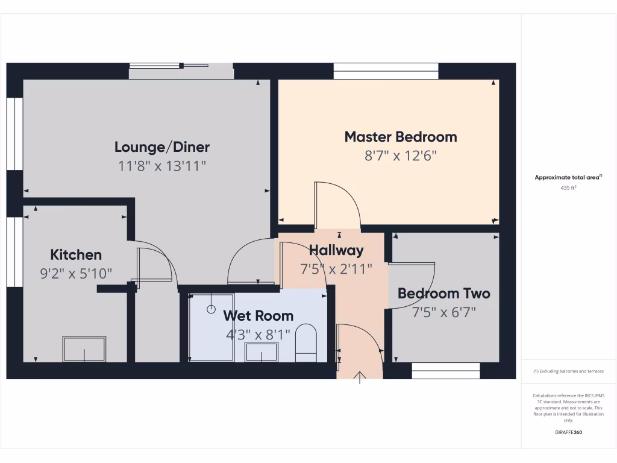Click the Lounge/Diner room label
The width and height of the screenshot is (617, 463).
162,147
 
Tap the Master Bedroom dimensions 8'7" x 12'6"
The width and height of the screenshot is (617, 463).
401,156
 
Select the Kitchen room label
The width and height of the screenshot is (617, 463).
76,254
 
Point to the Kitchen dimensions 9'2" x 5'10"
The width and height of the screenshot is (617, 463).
76,273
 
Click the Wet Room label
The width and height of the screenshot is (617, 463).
258,315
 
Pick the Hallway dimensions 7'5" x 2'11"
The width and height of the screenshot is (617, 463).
336,269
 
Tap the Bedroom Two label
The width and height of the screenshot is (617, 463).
443,294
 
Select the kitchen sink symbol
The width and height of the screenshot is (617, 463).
84,349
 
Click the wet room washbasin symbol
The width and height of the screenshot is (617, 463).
262,351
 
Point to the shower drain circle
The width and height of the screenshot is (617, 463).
211,309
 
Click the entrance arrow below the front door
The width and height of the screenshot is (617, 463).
360,378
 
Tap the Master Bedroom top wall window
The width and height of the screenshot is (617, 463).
386,71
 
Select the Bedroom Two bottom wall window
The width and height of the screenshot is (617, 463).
446,370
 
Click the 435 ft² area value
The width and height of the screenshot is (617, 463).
569,188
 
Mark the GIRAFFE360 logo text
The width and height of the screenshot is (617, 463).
569,432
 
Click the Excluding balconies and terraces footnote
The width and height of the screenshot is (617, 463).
569,371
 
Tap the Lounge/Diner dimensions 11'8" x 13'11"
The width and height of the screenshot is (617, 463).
162,166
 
